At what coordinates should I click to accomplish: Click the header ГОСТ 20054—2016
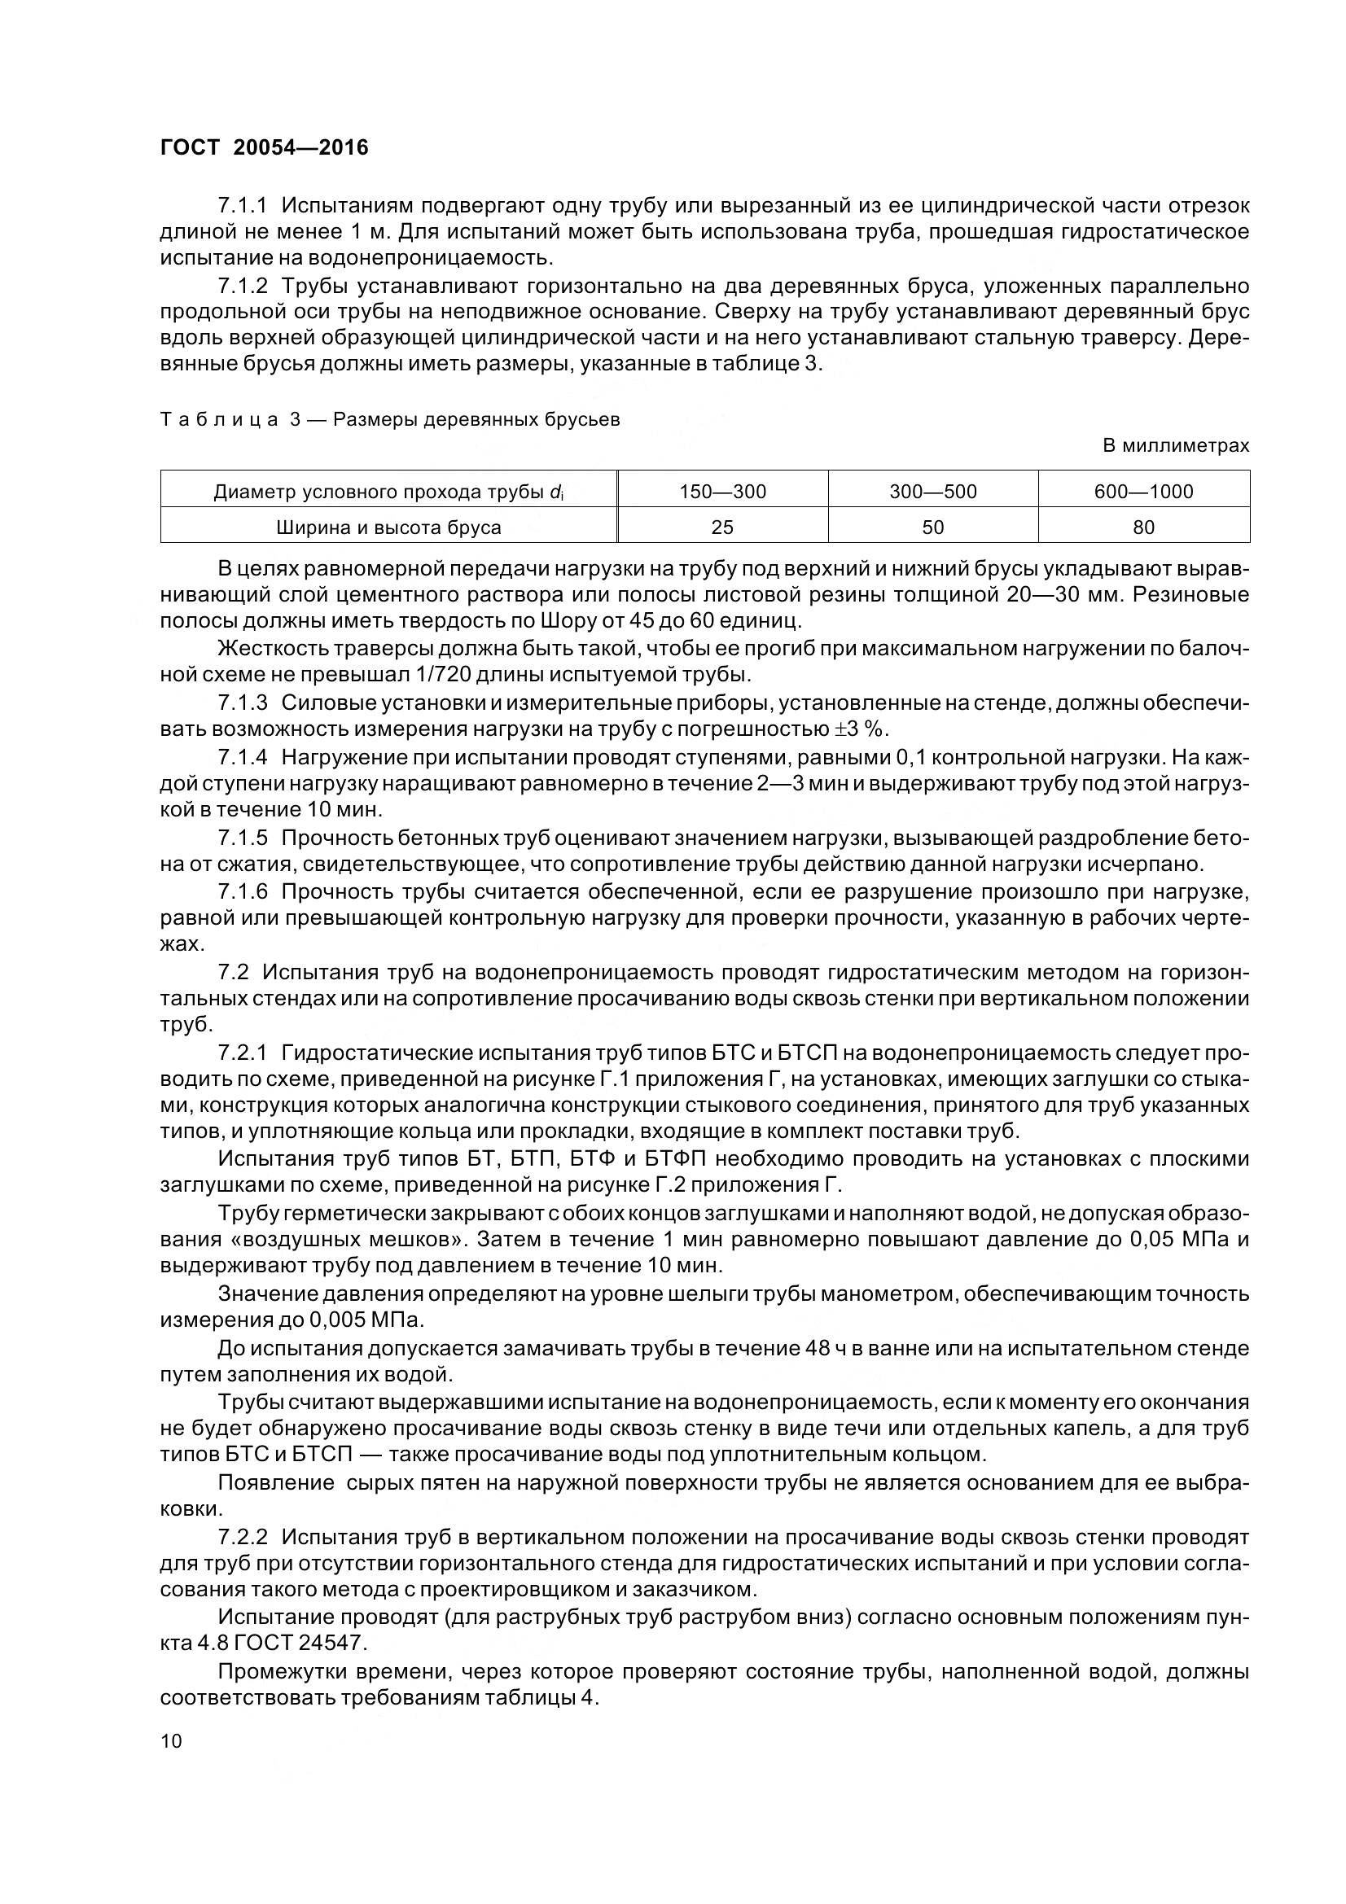[x=264, y=147]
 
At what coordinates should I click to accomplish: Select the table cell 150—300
[x=722, y=492]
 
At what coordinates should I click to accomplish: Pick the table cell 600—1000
[x=1143, y=492]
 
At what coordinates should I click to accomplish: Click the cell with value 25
[x=722, y=527]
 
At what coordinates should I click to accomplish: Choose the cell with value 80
[x=1143, y=527]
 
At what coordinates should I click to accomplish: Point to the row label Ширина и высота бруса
[x=388, y=527]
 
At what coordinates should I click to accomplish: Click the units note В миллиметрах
[x=1175, y=446]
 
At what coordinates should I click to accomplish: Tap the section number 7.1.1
[x=243, y=206]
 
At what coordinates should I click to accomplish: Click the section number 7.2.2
[x=243, y=1537]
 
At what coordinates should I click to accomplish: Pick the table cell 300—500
[x=933, y=492]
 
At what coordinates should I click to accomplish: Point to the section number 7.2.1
[x=243, y=1053]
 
